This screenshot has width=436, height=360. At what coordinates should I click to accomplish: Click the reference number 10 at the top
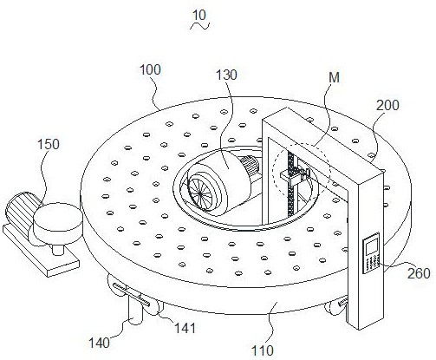(199, 16)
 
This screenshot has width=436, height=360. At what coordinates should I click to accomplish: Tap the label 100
(150, 70)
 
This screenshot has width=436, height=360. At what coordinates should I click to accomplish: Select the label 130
(226, 75)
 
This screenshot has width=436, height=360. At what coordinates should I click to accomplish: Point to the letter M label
(334, 77)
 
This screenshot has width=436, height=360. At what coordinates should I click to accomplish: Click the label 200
(387, 105)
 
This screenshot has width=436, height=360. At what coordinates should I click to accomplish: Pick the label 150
(49, 144)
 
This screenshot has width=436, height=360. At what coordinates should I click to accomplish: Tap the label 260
(419, 273)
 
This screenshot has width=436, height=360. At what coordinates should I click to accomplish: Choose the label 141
(185, 328)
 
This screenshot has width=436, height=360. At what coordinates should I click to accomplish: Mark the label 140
(99, 344)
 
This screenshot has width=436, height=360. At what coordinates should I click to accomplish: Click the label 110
(263, 350)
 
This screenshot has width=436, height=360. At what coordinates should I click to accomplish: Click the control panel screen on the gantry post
(372, 246)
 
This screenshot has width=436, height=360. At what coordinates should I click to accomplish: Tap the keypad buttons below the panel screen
(371, 264)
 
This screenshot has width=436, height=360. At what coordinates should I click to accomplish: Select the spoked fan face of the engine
(201, 193)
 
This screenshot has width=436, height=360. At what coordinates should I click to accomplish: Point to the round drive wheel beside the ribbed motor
(58, 223)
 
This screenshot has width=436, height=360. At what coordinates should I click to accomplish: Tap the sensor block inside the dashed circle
(293, 176)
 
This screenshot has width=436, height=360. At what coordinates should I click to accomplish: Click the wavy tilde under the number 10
(199, 26)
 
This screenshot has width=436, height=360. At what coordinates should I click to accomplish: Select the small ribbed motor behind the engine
(249, 165)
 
